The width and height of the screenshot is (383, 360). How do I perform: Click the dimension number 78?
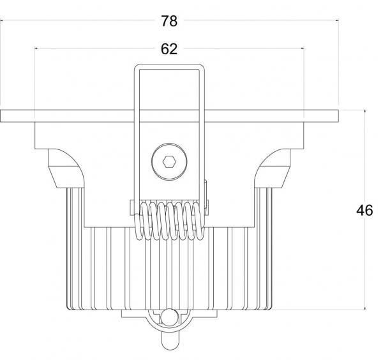(x=169, y=21)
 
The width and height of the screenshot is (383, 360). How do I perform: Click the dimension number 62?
(x=169, y=49)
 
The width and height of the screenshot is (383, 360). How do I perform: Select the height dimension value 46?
(x=364, y=210)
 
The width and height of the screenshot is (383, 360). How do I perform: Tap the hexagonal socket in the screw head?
(x=169, y=161)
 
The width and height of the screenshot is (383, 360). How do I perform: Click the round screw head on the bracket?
(x=169, y=161)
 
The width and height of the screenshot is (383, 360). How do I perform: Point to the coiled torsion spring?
(x=169, y=220)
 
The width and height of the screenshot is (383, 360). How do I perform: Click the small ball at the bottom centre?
(x=169, y=317)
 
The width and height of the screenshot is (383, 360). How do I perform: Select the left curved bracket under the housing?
(x=66, y=169)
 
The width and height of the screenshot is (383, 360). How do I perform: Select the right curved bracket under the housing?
(x=272, y=169)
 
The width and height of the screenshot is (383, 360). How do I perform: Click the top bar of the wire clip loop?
(x=169, y=66)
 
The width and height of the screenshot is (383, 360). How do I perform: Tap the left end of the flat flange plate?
(x=1, y=116)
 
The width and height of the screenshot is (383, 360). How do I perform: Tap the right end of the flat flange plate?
(x=338, y=116)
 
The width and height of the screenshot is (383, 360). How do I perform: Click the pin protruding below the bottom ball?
(x=169, y=341)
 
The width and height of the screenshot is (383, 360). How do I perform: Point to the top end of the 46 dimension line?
(x=365, y=110)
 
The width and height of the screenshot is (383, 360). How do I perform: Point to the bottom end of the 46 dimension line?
(x=365, y=310)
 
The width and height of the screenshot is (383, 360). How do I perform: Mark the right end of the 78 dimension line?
(x=338, y=20)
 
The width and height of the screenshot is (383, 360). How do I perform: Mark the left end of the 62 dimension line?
(x=35, y=49)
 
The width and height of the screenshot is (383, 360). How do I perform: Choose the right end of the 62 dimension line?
(x=304, y=49)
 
